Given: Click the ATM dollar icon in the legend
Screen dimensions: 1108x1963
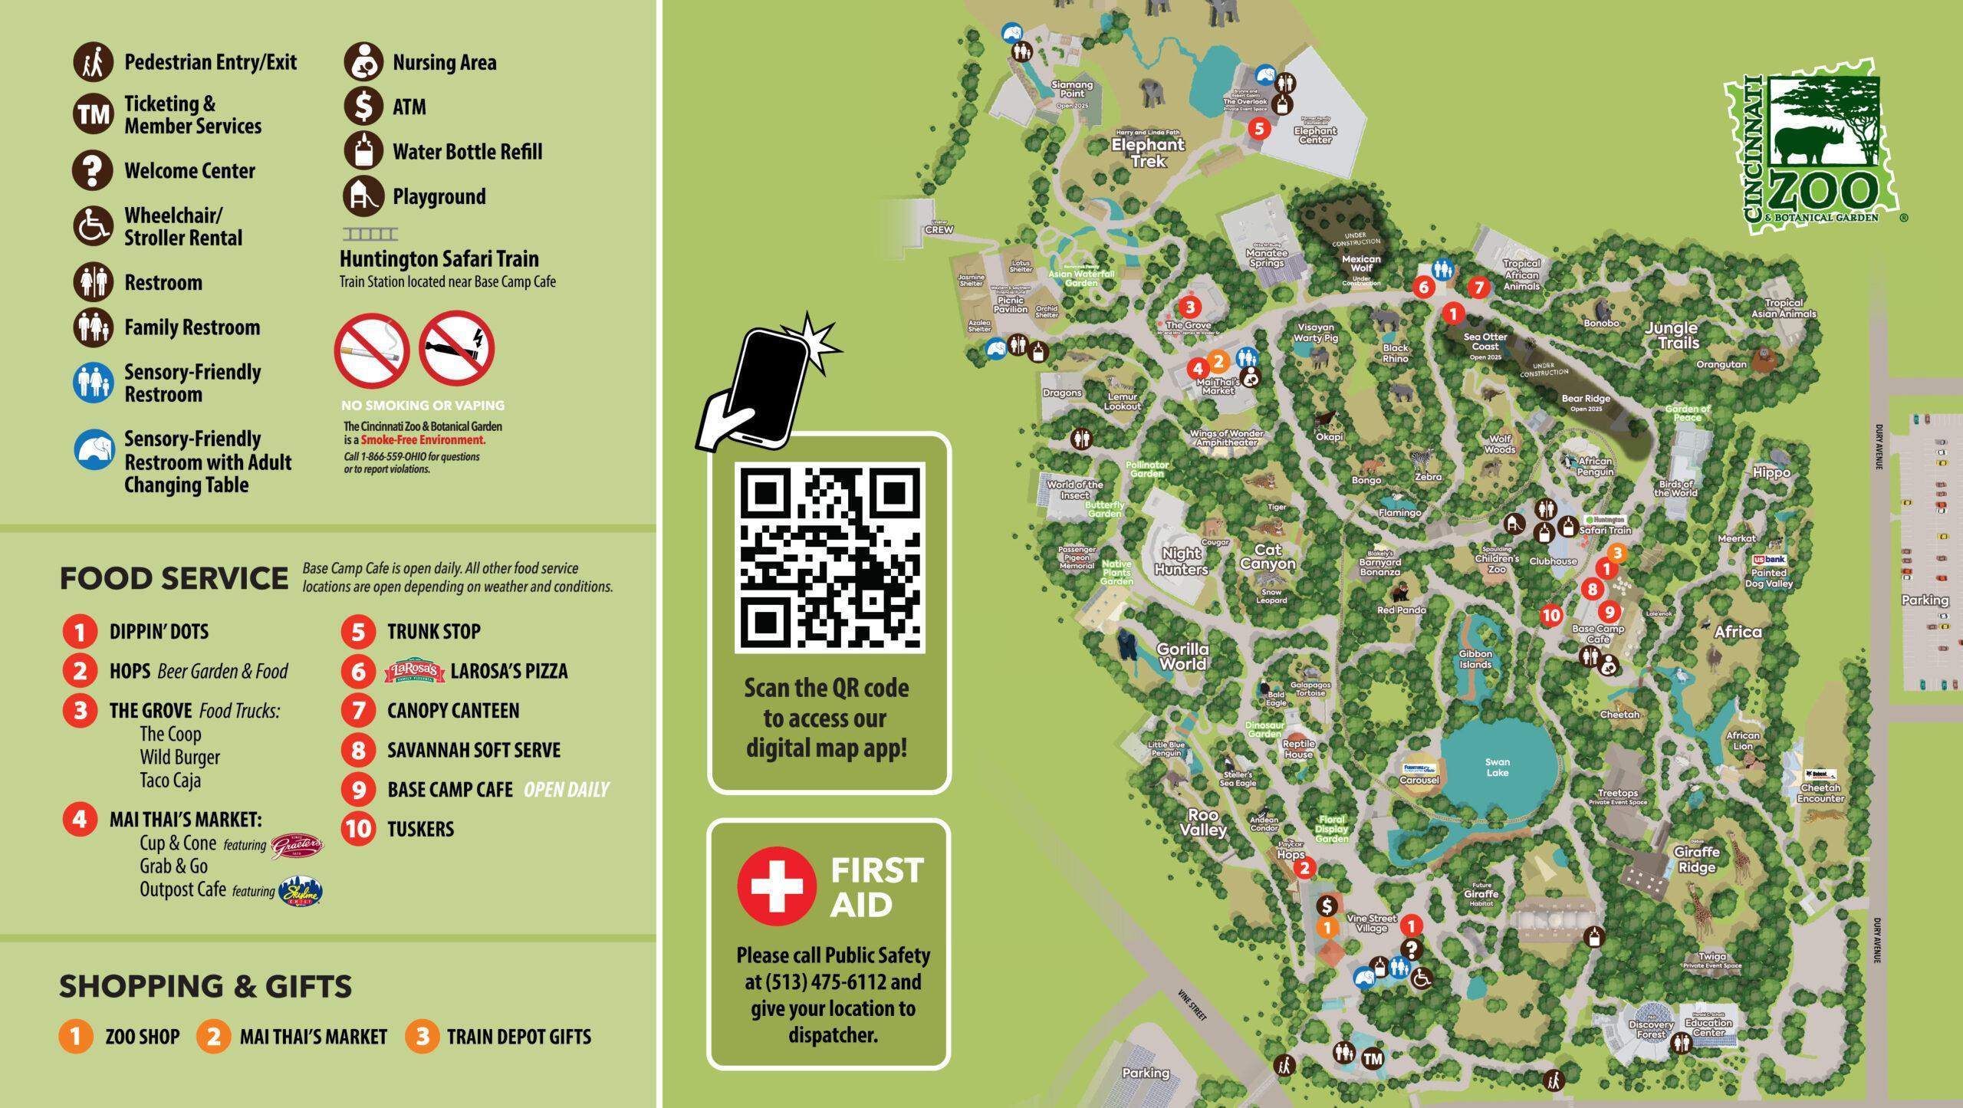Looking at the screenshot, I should click(x=363, y=107).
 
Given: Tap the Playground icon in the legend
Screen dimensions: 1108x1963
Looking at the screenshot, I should click(x=363, y=196).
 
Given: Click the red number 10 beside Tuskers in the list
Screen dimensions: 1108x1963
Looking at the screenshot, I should click(x=358, y=829).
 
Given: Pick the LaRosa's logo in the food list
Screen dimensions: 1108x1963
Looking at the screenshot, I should click(x=415, y=671).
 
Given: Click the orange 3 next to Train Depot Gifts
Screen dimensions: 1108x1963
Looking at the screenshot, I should click(x=422, y=1036).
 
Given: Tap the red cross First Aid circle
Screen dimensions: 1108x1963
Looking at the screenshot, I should click(x=776, y=886).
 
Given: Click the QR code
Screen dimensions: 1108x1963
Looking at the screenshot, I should click(x=829, y=557).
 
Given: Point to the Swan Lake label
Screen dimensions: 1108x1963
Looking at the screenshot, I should click(x=1497, y=767).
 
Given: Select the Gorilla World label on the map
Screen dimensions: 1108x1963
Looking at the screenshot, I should click(x=1182, y=657).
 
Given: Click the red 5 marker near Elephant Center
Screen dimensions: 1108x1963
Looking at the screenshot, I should click(x=1258, y=128).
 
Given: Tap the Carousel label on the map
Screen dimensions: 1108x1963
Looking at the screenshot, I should click(x=1419, y=780).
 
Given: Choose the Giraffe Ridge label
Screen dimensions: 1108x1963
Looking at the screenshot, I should click(x=1696, y=860).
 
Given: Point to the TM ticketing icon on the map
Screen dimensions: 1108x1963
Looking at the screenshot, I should click(x=1373, y=1059).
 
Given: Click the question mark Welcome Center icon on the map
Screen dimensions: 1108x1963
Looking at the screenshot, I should click(x=1412, y=949).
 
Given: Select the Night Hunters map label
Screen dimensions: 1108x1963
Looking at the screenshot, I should click(x=1181, y=561).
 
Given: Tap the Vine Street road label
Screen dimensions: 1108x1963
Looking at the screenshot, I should click(x=1192, y=1005).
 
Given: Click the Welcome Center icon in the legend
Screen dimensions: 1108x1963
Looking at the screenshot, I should click(x=93, y=170).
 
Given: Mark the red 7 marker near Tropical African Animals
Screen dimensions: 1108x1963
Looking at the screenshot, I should click(x=1478, y=288).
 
